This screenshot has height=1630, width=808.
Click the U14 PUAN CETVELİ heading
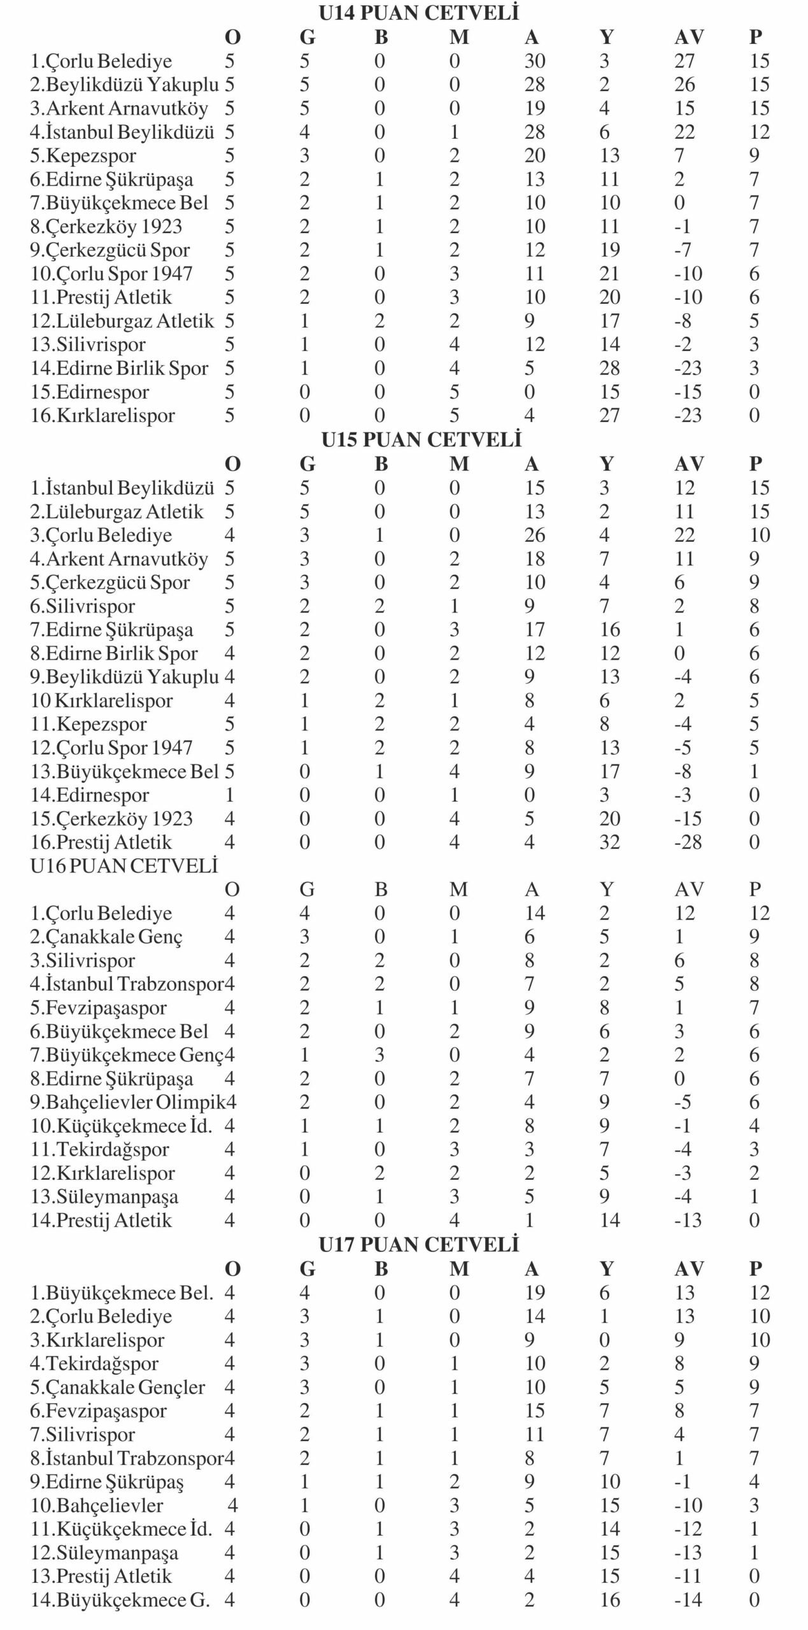(x=418, y=13)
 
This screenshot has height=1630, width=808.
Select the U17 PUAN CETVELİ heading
(x=419, y=1245)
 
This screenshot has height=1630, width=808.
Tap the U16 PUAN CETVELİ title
(x=124, y=866)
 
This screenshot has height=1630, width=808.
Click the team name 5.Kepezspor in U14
(x=83, y=156)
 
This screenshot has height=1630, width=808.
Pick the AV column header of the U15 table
(x=688, y=464)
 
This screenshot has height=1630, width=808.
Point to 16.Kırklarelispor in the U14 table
(x=103, y=416)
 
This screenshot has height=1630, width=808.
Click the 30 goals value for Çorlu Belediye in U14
(x=534, y=61)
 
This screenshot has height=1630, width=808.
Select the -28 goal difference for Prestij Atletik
(x=688, y=842)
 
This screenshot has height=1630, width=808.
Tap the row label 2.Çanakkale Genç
(x=106, y=937)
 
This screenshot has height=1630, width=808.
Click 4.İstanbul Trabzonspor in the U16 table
(x=127, y=984)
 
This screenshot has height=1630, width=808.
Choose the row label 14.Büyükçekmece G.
(x=120, y=1600)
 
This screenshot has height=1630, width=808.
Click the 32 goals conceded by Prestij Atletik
(x=609, y=842)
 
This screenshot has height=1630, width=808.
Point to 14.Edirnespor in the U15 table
(x=90, y=795)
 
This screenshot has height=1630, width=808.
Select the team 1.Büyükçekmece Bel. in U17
(x=122, y=1293)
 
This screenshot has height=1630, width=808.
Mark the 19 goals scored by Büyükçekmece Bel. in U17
(x=534, y=1293)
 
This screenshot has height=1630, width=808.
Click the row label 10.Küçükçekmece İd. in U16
(x=121, y=1126)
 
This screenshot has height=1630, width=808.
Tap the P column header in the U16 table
(x=755, y=889)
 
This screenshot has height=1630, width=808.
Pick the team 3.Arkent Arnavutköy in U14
(x=119, y=109)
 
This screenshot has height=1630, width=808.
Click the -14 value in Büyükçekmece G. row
(x=688, y=1600)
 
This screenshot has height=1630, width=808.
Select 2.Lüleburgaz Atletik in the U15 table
(x=117, y=512)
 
